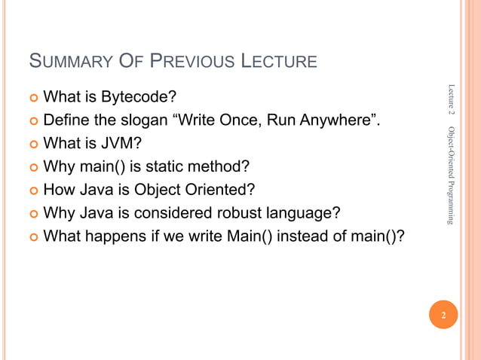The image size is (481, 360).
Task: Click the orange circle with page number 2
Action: (x=444, y=316)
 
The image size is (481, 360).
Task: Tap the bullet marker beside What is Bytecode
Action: (x=31, y=97)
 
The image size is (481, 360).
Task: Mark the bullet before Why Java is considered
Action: (x=31, y=214)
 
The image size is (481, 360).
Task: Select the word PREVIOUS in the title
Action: (x=182, y=61)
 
